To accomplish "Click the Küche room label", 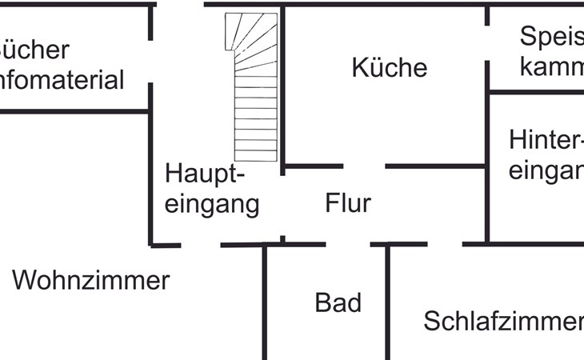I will [390, 68].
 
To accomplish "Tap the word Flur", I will [348, 203].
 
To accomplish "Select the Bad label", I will [338, 302].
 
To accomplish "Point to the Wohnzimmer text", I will [91, 281].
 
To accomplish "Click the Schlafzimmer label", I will [502, 322].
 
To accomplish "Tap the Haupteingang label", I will [212, 189].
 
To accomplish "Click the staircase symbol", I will [255, 88].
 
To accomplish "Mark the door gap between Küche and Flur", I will [364, 166].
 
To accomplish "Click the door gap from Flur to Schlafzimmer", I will [445, 243].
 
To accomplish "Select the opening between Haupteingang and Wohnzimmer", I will [201, 245].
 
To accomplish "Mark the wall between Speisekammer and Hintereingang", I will [536, 91].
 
